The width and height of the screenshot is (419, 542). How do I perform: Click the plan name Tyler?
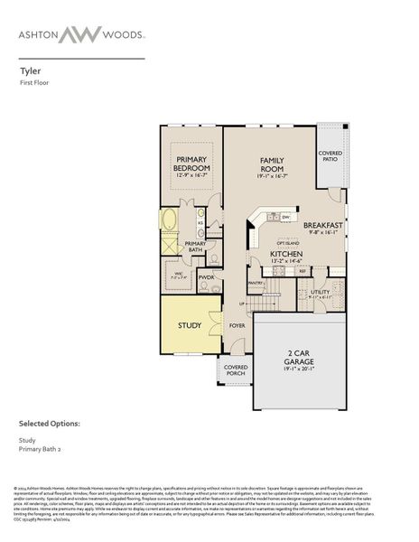[30, 68]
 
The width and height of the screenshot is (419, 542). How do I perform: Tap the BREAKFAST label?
[322, 225]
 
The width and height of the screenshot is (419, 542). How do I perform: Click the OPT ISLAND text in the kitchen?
[288, 242]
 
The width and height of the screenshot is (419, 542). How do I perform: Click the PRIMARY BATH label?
[195, 247]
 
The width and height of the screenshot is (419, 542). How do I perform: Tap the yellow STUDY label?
[189, 325]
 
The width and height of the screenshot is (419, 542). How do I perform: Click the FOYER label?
[237, 325]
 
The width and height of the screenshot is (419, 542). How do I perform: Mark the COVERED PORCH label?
[236, 370]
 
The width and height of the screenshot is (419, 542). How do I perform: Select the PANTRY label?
[256, 283]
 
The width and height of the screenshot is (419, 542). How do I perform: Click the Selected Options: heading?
[50, 423]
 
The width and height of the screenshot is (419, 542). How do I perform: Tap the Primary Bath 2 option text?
[42, 451]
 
